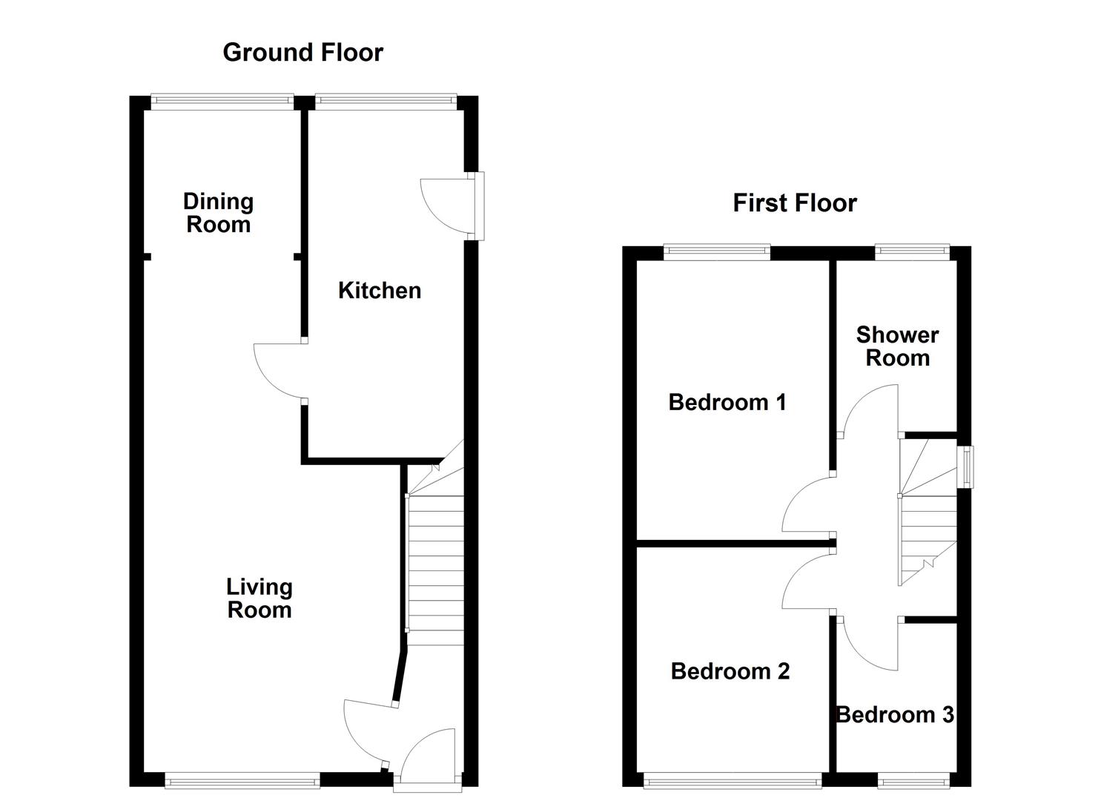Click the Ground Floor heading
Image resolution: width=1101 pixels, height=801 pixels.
(x=302, y=53)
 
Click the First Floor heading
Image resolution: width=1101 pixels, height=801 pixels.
(x=794, y=203)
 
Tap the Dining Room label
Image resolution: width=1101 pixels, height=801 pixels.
(x=218, y=213)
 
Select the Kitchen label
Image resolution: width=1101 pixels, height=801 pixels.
(x=379, y=291)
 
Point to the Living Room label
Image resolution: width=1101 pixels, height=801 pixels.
(x=259, y=599)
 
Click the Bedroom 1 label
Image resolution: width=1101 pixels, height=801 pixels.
(x=727, y=403)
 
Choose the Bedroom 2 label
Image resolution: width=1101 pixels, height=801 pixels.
(x=730, y=672)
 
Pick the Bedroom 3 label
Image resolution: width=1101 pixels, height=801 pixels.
(x=894, y=715)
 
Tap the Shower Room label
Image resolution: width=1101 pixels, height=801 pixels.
(x=897, y=346)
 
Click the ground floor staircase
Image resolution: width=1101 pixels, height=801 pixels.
(x=435, y=564)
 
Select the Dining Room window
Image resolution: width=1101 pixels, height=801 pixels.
(x=222, y=102)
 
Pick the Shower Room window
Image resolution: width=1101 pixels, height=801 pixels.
(x=912, y=252)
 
